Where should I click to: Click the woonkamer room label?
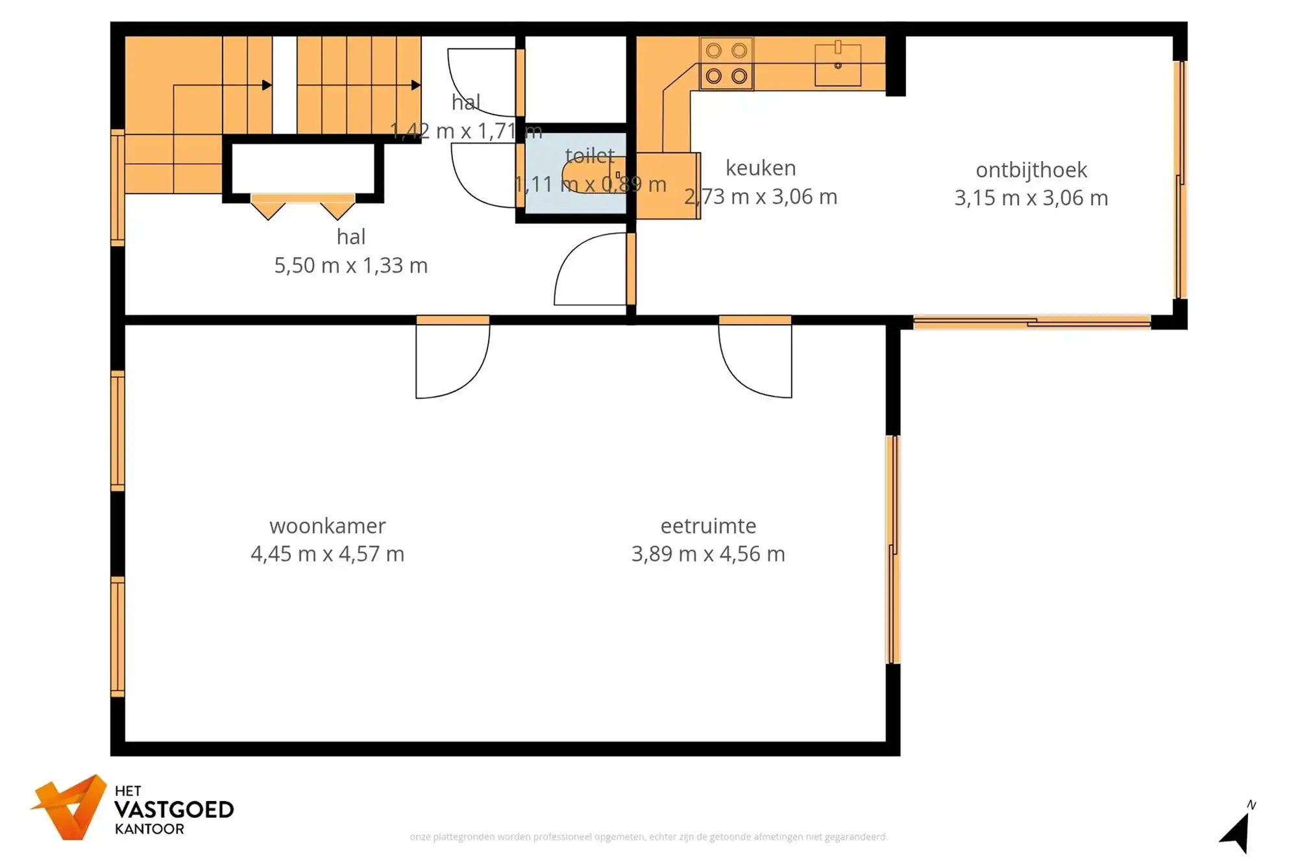[327, 525]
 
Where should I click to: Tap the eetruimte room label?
[708, 525]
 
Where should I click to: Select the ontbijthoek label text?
[1031, 169]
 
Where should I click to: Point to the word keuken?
[761, 167]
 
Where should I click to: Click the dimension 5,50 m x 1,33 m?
[350, 265]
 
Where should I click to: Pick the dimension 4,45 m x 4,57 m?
[327, 554]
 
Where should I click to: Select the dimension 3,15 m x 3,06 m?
[1031, 197]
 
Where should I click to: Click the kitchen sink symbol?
[838, 64]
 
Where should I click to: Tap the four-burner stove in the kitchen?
[726, 64]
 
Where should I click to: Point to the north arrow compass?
[1237, 831]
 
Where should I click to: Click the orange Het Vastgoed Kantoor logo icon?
[70, 807]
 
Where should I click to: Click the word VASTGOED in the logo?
[174, 810]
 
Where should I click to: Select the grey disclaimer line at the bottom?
[648, 837]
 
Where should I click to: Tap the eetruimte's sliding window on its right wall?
[893, 549]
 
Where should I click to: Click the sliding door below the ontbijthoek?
[1032, 321]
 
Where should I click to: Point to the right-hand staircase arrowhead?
[416, 85]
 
